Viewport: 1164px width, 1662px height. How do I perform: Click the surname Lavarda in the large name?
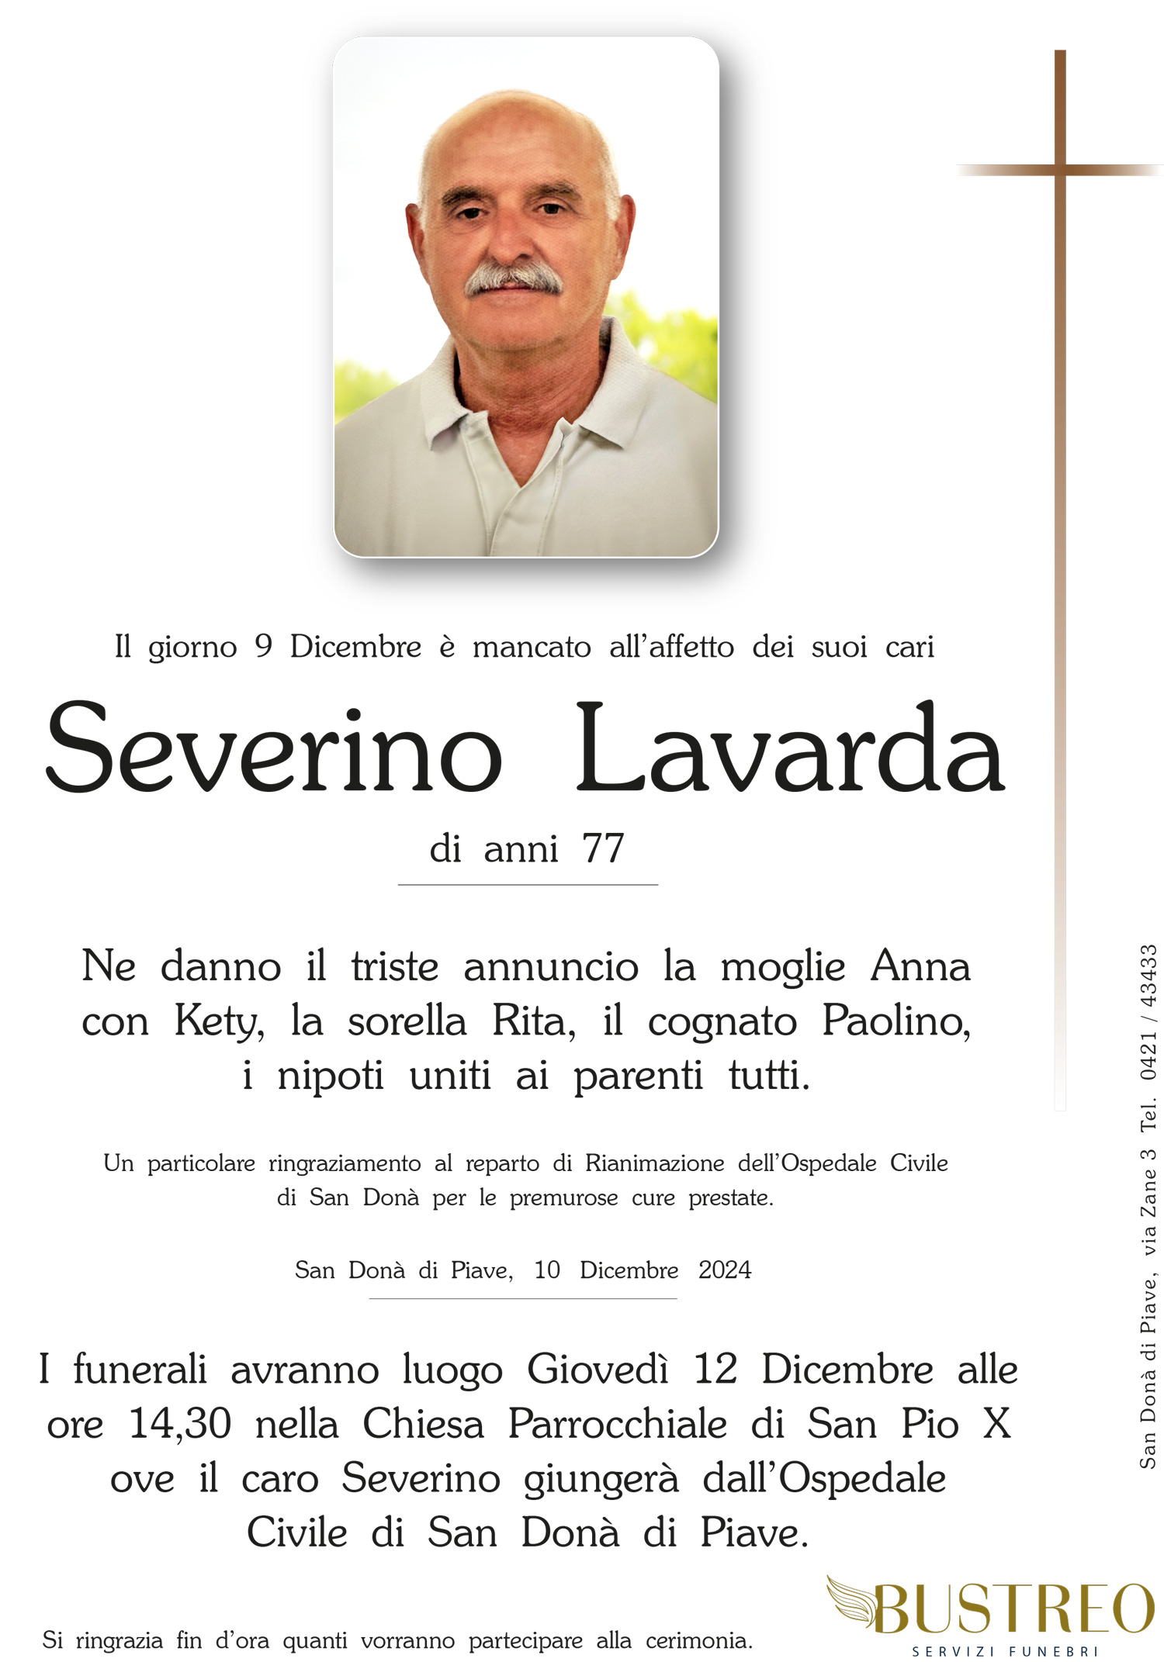coord(790,749)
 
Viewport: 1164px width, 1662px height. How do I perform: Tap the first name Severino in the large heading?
coord(273,749)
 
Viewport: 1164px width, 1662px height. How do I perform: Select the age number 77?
coord(603,848)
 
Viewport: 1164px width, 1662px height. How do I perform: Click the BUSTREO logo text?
coord(1013,1608)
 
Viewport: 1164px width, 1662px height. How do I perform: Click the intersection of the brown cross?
coord(1060,168)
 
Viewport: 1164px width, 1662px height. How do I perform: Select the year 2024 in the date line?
coord(725,1270)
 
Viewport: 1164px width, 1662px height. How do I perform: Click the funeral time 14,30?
coord(180,1423)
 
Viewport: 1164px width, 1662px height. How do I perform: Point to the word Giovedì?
coord(598,1369)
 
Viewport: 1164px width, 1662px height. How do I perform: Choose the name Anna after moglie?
coord(920,966)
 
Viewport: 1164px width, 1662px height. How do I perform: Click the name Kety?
coord(219,1021)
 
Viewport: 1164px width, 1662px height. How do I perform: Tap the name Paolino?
coord(896,1021)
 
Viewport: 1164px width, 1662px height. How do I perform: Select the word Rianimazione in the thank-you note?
coord(654,1163)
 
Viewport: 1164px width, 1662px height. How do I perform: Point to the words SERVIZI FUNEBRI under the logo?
coord(1005,1651)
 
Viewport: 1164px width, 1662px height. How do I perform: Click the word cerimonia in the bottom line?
coord(698,1640)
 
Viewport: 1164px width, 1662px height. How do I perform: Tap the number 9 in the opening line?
coord(263,646)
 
